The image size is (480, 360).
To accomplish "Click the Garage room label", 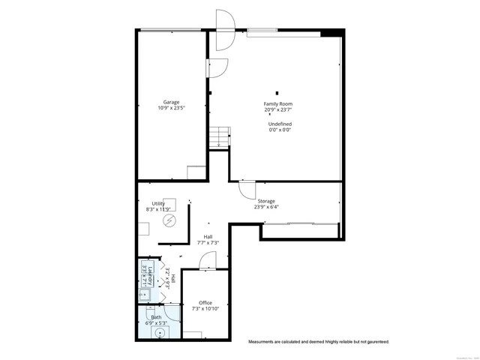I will [171, 102].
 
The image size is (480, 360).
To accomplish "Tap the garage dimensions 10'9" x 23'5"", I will [171, 108].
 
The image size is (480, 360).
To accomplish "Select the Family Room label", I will [277, 103].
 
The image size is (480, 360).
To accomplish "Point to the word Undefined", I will [280, 124].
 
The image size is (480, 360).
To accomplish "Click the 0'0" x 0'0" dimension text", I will [280, 130].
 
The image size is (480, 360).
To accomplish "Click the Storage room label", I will [266, 201].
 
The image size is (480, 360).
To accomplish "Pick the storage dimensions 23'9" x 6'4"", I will [266, 207].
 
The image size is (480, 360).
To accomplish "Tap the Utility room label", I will [158, 203].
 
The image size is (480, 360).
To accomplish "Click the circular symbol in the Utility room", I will [170, 220].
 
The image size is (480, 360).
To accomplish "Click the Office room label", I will [205, 302].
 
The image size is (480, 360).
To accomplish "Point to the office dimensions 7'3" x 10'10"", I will [205, 308].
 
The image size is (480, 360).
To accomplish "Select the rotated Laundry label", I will [150, 275].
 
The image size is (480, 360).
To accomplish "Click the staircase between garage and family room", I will [218, 137].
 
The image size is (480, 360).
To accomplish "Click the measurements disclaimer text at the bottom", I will [319, 342].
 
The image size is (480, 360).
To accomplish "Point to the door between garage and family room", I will [217, 67].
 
